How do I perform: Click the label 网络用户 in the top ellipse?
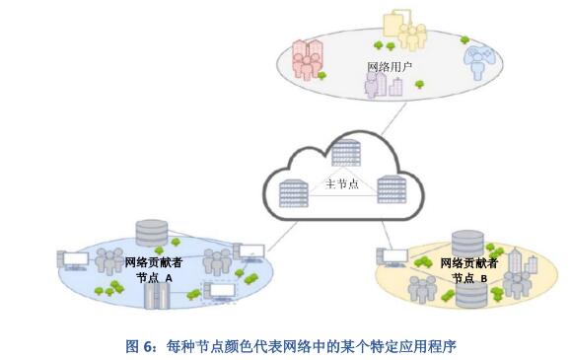tap(389, 67)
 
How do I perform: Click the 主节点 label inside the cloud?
tap(341, 184)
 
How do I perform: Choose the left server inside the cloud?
tap(293, 193)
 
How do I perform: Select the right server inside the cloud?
tap(391, 188)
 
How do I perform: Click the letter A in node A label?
tap(169, 278)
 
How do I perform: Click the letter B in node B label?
tap(483, 278)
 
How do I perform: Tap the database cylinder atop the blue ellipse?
tap(150, 234)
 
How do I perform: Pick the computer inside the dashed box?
tap(219, 291)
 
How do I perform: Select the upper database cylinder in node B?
tap(466, 242)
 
